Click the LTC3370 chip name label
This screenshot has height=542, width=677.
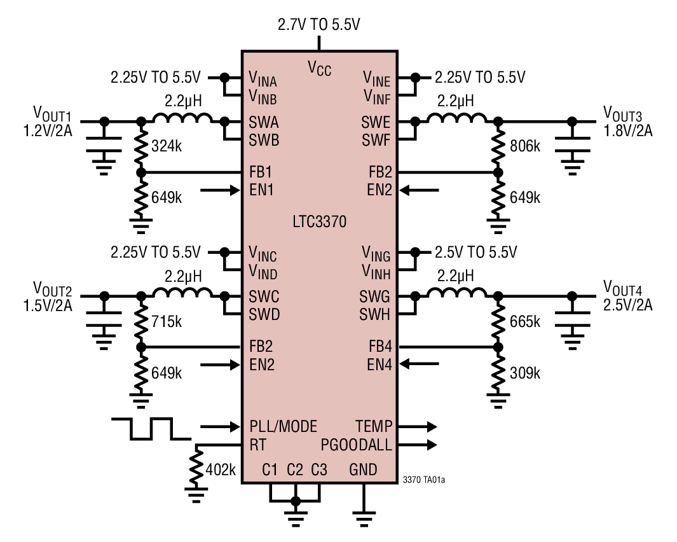point(319,222)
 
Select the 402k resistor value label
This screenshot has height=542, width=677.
point(221,470)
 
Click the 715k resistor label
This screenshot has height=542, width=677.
point(167,322)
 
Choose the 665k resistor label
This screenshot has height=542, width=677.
point(524,322)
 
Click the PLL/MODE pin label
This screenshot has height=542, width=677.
point(283,426)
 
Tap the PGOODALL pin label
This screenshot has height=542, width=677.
point(357,444)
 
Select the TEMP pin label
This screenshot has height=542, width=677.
point(374,426)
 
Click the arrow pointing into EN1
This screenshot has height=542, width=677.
point(220,190)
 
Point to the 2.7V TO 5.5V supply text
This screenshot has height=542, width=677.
point(319,25)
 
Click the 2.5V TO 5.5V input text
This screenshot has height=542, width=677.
point(475,251)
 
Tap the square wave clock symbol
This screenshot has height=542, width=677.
point(150,428)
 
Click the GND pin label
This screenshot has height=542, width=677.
point(363,470)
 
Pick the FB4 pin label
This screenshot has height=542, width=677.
point(380,347)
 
